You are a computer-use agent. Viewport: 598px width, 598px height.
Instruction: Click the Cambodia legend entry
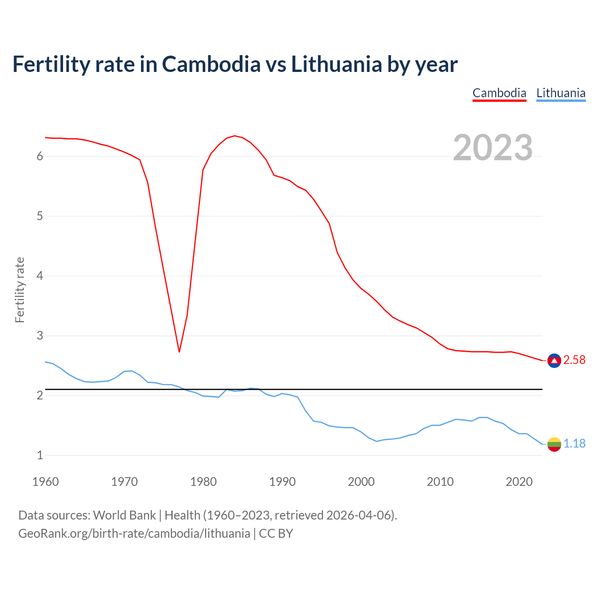click(x=499, y=93)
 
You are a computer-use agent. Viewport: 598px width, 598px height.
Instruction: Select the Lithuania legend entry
click(x=561, y=93)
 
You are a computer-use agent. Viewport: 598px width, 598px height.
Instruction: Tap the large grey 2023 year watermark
click(x=493, y=148)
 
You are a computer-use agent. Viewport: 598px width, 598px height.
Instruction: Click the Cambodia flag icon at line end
click(x=554, y=360)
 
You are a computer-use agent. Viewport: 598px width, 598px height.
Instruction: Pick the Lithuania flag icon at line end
click(x=554, y=444)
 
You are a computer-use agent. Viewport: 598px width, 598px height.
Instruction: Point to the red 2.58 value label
click(x=574, y=360)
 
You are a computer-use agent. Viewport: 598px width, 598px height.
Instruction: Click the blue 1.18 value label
click(x=574, y=444)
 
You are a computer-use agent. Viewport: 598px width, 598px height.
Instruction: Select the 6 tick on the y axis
click(x=40, y=157)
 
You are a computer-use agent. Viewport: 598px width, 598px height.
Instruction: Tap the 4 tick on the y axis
click(x=40, y=276)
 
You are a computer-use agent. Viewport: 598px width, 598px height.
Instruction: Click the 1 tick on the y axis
click(x=40, y=456)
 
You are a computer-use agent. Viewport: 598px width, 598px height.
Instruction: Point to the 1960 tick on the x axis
click(x=45, y=482)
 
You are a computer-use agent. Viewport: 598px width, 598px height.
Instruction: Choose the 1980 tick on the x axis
click(x=203, y=482)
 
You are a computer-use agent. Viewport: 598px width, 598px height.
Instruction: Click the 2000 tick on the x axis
click(x=361, y=482)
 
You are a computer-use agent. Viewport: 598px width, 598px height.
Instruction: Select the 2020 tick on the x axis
click(x=519, y=482)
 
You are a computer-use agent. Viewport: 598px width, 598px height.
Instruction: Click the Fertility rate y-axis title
click(x=20, y=290)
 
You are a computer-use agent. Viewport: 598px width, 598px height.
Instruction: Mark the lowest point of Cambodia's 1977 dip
click(x=179, y=351)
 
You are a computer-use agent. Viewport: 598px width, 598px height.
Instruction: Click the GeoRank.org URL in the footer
click(x=134, y=534)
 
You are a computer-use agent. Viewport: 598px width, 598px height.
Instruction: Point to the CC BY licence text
click(x=276, y=534)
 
